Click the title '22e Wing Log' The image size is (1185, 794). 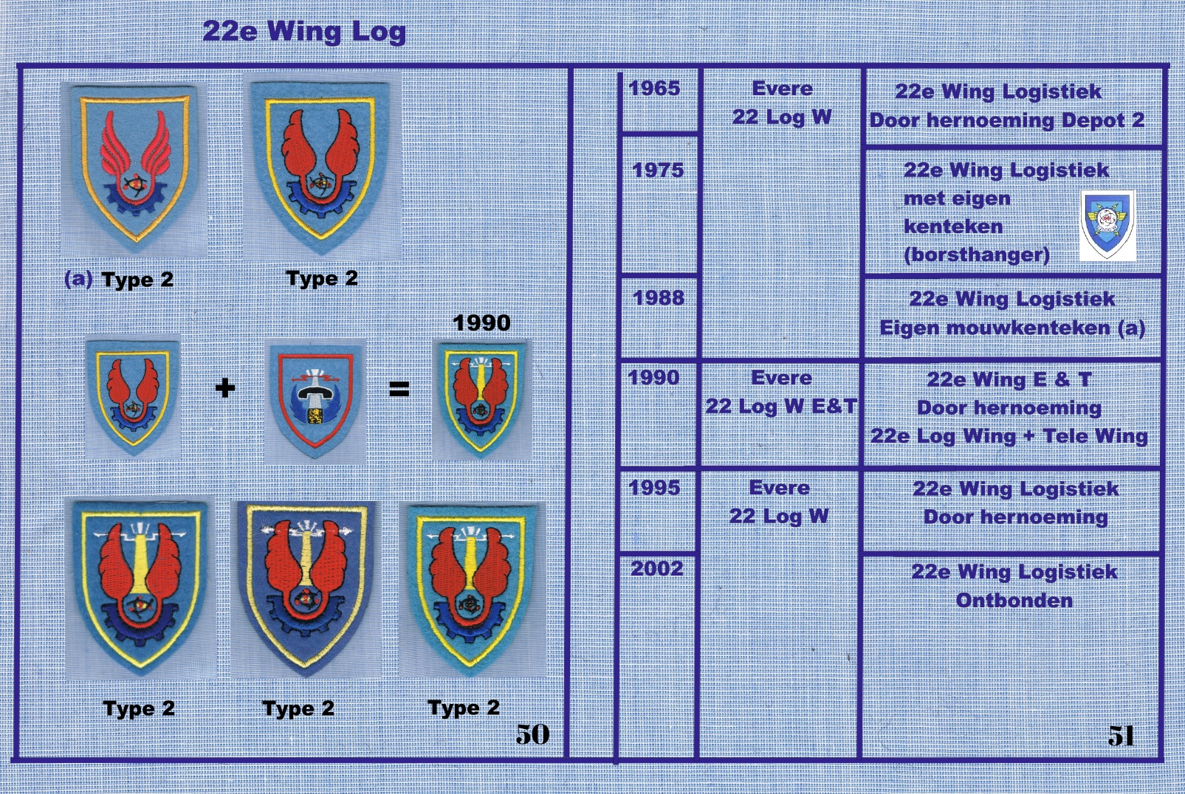[x=304, y=32]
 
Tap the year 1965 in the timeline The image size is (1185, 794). [x=654, y=89]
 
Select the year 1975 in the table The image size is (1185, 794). [x=658, y=170]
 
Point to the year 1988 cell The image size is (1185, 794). [x=658, y=298]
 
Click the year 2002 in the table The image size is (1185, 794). [x=656, y=569]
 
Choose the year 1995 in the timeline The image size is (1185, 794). [x=654, y=488]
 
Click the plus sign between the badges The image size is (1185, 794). [x=225, y=389]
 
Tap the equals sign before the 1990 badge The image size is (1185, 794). [x=399, y=390]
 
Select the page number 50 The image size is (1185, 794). [x=532, y=734]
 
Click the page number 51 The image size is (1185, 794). [x=1121, y=735]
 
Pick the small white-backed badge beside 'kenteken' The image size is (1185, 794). [x=1107, y=226]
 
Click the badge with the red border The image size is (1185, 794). [x=315, y=401]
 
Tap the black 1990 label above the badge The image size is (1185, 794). [x=481, y=323]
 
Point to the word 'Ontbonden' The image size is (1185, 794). [x=1014, y=601]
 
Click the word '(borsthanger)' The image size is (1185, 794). [x=977, y=255]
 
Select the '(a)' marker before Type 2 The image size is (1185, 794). [x=78, y=279]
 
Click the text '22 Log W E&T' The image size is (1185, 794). [x=781, y=407]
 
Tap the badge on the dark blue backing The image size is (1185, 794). [x=306, y=590]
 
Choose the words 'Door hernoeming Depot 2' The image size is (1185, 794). [x=1007, y=120]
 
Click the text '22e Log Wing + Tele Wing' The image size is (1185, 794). [x=1009, y=437]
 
